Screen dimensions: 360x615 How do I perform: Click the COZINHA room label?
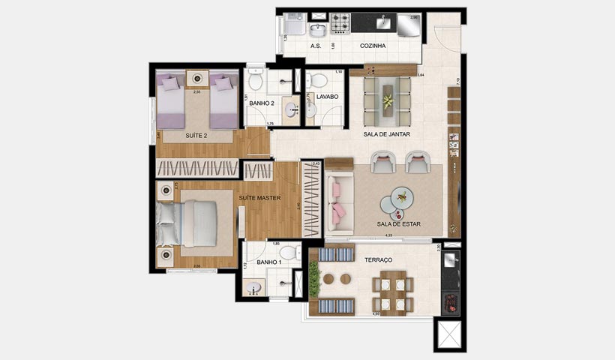point(373,46)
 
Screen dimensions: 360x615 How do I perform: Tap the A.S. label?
point(316,46)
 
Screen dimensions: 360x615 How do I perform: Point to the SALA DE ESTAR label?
point(399,223)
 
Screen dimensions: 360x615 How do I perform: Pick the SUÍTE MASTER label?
point(259,198)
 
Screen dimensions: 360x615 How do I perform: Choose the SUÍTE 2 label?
point(196,136)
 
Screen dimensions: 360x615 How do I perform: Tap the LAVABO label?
point(328,97)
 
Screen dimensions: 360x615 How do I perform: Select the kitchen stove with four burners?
point(341,22)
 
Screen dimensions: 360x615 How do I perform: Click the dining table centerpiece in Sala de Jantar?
point(388,97)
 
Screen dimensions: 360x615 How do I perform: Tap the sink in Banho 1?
point(254,288)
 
